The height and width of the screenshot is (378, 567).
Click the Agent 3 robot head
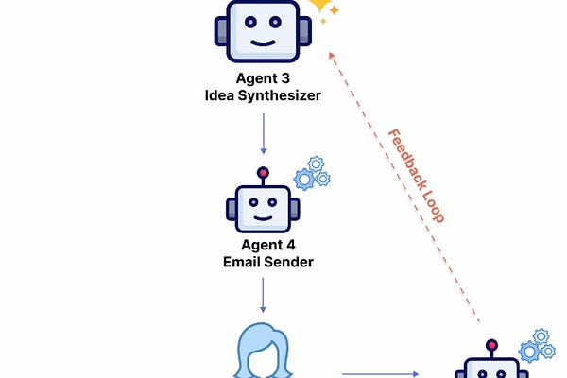(x=264, y=28)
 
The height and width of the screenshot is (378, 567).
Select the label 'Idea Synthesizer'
(x=264, y=96)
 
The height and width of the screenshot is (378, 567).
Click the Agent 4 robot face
(x=264, y=207)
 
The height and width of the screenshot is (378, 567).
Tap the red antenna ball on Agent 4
(x=264, y=173)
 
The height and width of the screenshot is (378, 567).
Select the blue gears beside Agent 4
(x=311, y=173)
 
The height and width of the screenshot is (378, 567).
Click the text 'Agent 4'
(x=264, y=244)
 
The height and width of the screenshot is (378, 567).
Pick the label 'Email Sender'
(x=264, y=261)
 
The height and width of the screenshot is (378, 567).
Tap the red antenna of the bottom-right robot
(x=490, y=345)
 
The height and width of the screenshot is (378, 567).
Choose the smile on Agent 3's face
(x=264, y=43)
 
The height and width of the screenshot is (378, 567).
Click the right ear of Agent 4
(x=295, y=209)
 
